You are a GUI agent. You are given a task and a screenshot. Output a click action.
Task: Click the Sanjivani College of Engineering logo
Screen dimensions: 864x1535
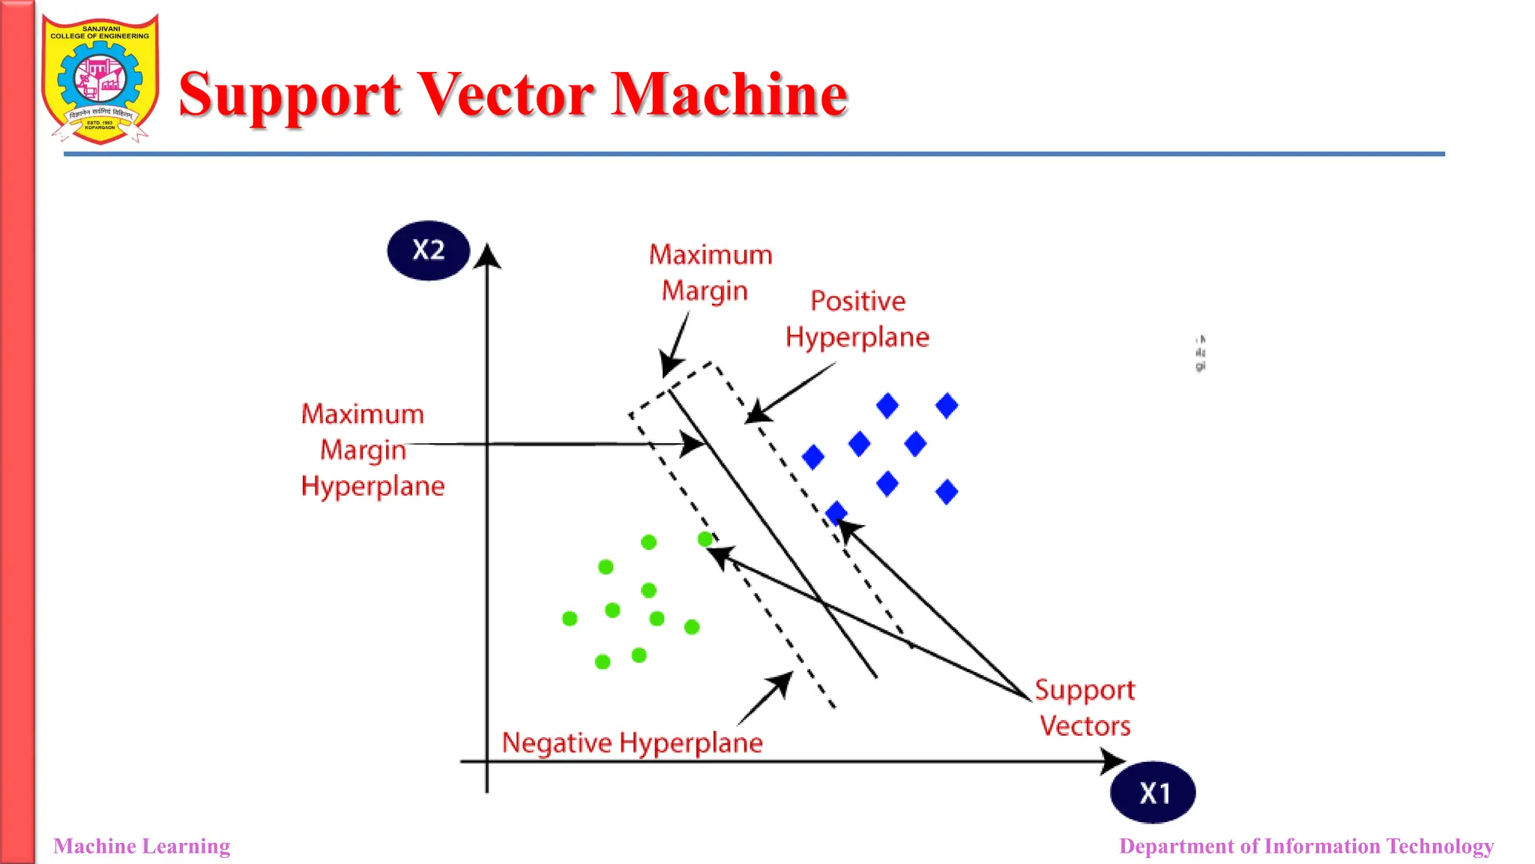(100, 79)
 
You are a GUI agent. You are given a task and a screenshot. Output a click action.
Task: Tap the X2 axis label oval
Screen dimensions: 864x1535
(428, 250)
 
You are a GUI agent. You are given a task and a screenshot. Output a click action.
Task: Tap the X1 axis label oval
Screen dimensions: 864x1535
(1153, 793)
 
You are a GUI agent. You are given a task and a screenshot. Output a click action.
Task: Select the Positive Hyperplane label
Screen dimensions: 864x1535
(857, 319)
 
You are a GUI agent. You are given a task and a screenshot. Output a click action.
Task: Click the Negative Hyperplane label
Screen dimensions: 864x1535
(632, 742)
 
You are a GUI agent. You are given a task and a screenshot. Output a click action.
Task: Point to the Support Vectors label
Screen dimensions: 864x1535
(1085, 707)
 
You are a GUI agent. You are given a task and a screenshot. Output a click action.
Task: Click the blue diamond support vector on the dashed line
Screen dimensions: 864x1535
(836, 513)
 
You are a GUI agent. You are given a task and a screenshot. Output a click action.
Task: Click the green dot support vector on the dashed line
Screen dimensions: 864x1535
(705, 538)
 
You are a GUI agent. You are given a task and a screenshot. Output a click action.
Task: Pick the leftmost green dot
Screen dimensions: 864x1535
(570, 619)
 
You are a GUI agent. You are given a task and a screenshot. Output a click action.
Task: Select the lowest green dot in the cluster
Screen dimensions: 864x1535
(603, 661)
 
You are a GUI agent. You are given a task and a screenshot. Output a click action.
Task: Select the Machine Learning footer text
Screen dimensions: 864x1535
(142, 846)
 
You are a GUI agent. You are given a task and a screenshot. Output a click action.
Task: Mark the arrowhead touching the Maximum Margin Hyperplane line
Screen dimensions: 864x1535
(693, 444)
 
